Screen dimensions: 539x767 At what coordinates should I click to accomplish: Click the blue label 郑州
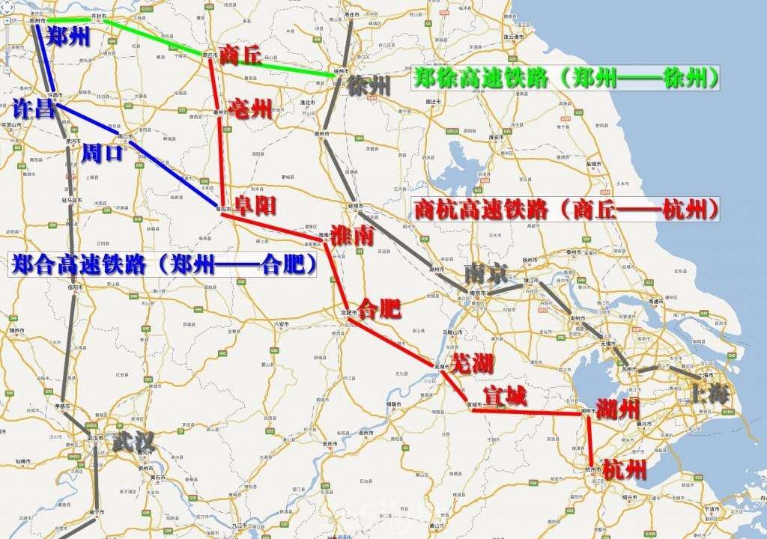(69, 37)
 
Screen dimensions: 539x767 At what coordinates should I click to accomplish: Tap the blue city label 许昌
(34, 109)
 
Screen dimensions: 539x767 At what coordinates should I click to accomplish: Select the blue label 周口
(102, 153)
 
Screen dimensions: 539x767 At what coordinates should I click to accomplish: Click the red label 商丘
(240, 54)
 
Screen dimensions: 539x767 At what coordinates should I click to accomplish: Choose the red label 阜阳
(255, 204)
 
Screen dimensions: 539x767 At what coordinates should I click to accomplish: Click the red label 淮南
(351, 235)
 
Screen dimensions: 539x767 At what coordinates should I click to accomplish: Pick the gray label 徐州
(369, 85)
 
